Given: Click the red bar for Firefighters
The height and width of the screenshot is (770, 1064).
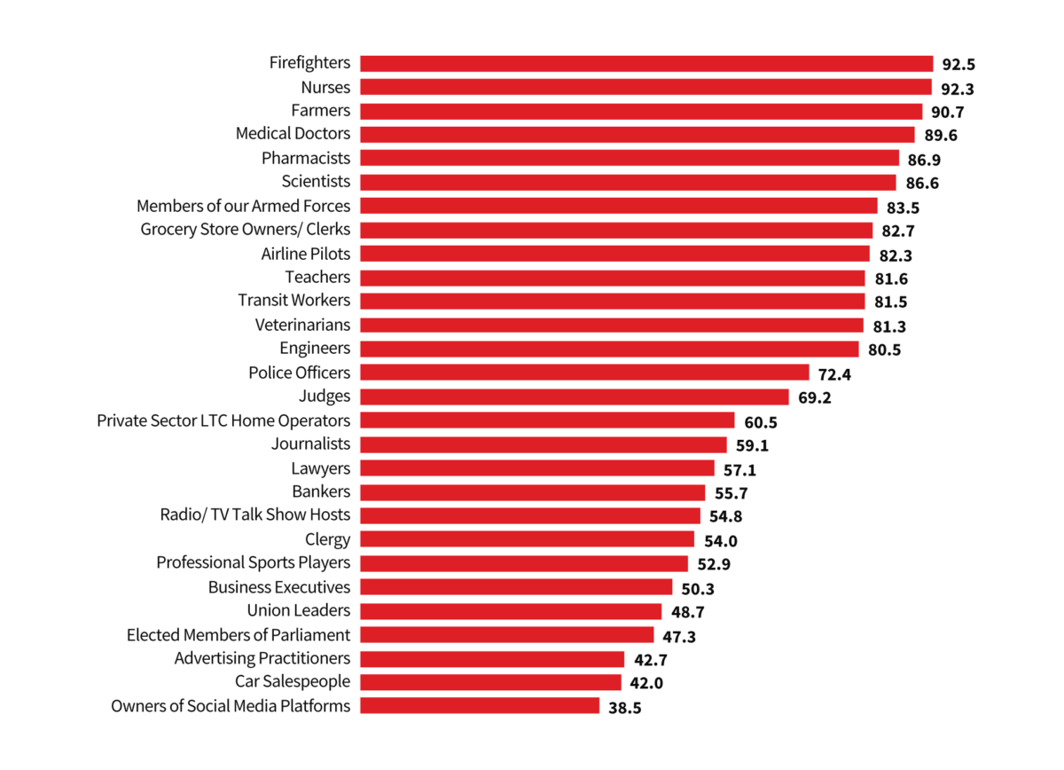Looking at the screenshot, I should [646, 63].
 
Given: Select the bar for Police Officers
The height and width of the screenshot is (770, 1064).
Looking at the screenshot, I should [584, 373].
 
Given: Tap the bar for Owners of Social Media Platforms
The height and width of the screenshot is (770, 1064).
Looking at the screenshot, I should [480, 706].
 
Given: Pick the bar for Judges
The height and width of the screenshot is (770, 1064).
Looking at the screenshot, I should [575, 397].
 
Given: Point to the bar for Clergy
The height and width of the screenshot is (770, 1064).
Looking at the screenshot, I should [527, 539].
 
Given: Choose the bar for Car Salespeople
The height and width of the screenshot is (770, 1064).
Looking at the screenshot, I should [490, 682].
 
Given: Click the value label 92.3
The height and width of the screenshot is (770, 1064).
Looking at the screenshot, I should [958, 88].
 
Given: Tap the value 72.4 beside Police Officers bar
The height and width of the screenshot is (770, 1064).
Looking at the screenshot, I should [835, 373].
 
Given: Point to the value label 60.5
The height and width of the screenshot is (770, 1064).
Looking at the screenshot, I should [761, 421].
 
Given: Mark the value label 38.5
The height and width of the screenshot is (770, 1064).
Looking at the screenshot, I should [625, 708].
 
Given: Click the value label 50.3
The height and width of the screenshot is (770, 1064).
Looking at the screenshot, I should [699, 588].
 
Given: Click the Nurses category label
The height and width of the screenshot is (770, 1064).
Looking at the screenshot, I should [325, 87].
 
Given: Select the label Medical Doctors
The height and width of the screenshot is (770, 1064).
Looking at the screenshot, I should [293, 134].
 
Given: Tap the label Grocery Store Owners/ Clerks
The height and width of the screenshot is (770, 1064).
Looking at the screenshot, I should [245, 230].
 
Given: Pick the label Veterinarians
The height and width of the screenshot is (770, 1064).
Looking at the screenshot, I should [302, 325].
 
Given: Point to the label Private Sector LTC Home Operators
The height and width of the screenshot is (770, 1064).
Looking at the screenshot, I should [223, 420].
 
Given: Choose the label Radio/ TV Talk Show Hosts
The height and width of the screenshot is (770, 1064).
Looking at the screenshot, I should [254, 515].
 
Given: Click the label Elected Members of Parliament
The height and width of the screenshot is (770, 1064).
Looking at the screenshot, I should [239, 634].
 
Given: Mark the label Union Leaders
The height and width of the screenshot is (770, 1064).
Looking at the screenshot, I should [298, 610].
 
